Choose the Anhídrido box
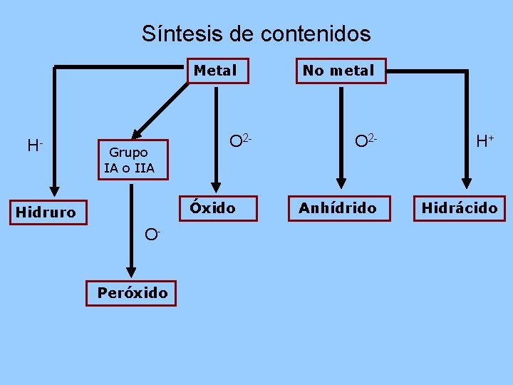(338, 208)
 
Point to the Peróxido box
(132, 292)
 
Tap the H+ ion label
(485, 141)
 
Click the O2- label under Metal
(239, 141)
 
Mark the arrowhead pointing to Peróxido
(132, 271)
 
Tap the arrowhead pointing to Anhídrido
(341, 178)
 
